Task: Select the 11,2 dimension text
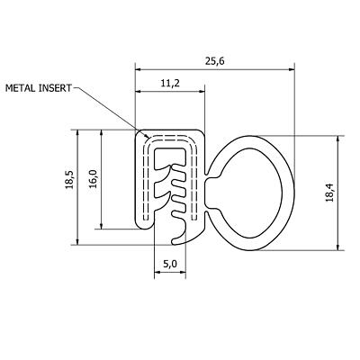(x=170, y=83)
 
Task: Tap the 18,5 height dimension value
(x=69, y=187)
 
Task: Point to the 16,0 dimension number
(x=92, y=179)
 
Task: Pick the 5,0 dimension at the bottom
(x=170, y=265)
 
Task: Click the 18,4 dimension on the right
(x=352, y=192)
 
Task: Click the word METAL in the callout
(x=23, y=88)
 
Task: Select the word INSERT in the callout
(x=58, y=88)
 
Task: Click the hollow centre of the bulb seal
(x=254, y=190)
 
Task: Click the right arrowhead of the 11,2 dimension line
(x=204, y=92)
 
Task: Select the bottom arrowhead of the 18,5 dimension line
(x=80, y=242)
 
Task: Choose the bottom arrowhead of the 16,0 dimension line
(x=103, y=228)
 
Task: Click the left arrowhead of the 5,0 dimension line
(x=155, y=274)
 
